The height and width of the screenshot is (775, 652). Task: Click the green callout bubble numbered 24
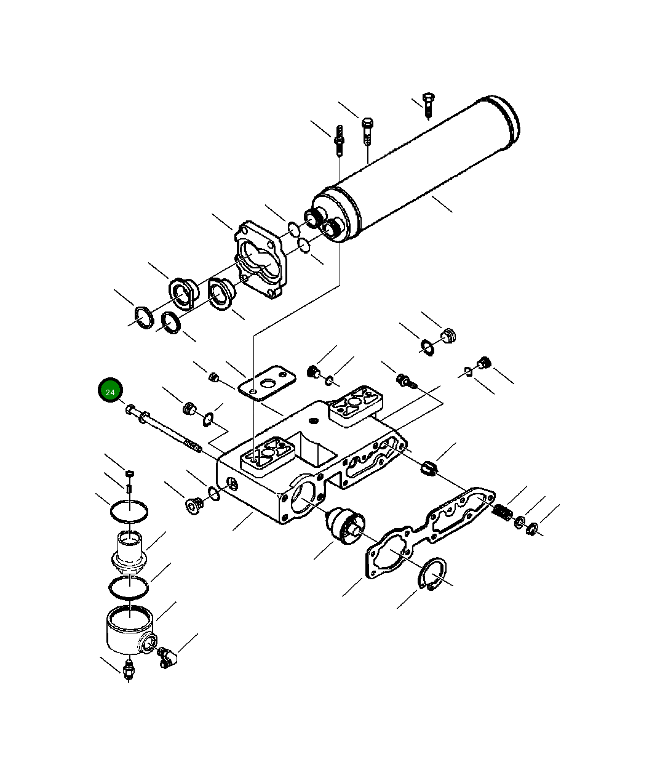[111, 392]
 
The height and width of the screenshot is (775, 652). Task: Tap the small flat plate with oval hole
[264, 383]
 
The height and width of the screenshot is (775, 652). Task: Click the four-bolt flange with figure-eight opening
[261, 260]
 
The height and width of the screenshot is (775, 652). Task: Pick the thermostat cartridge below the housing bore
[345, 526]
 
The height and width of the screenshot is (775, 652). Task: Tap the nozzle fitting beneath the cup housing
[128, 670]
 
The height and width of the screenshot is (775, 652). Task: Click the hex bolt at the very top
[428, 105]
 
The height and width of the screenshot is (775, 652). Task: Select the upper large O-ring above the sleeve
[129, 510]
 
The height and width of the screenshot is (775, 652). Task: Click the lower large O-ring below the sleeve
[129, 588]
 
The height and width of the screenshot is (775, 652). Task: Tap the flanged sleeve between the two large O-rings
[129, 550]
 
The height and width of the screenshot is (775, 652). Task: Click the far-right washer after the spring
[533, 528]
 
